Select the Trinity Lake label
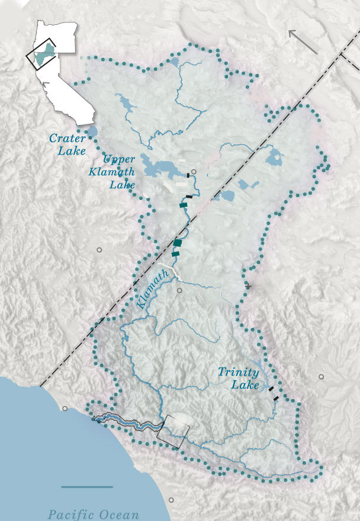[238, 378]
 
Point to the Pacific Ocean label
[94, 514]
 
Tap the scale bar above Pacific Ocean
[87, 487]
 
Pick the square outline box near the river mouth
[173, 431]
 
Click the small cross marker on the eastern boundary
[248, 287]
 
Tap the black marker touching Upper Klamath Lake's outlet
[188, 175]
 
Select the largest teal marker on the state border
[177, 243]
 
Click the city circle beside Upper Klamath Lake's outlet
[194, 172]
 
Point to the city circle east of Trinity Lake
[322, 377]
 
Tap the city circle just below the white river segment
[179, 291]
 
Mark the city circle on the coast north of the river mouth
[65, 409]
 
